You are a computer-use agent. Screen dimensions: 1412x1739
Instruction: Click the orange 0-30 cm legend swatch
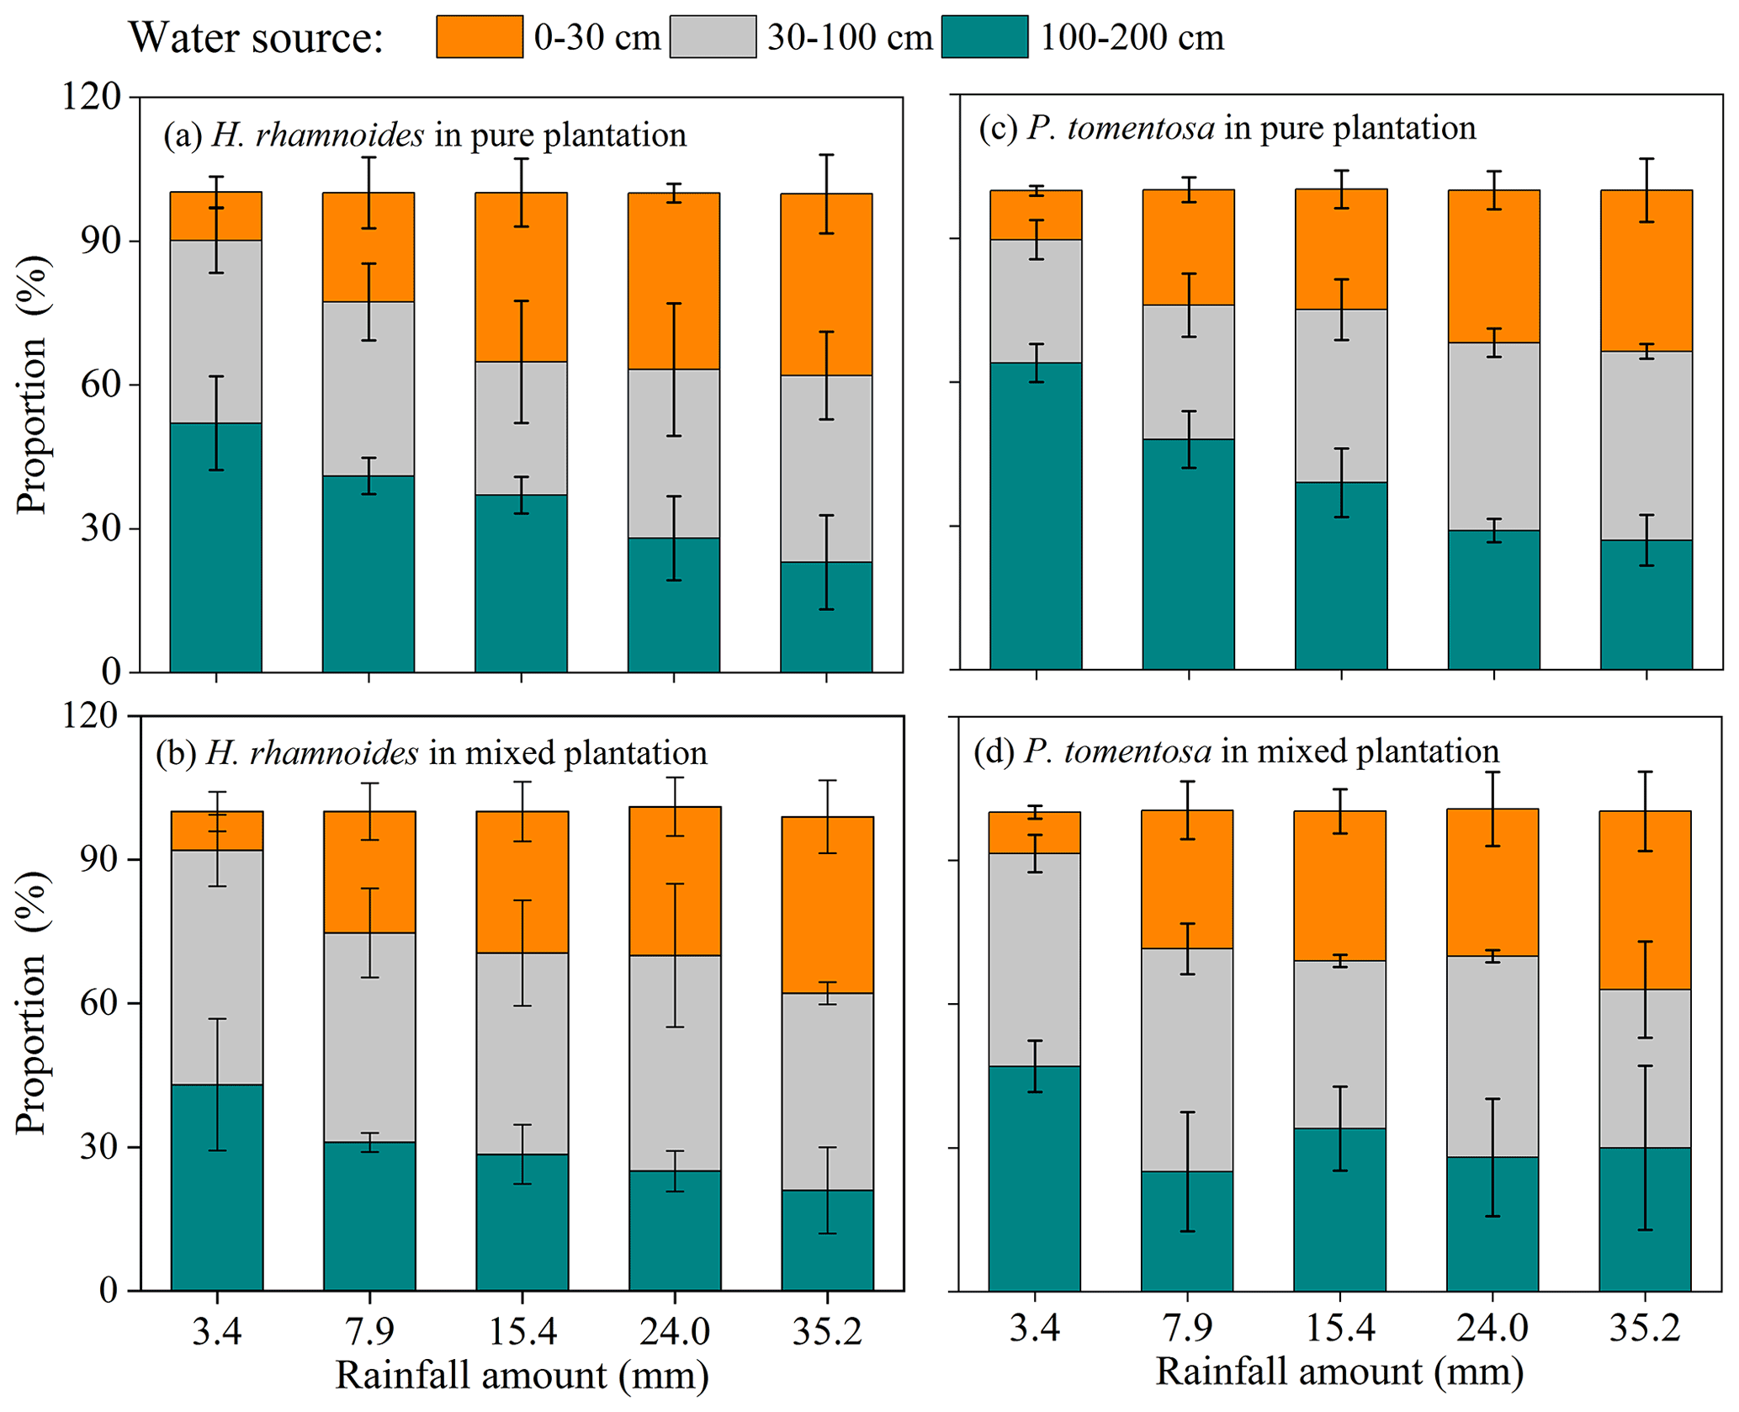[479, 37]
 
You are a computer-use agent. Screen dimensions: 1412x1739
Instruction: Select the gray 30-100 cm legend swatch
[713, 37]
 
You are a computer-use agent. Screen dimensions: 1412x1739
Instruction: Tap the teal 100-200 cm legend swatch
[984, 37]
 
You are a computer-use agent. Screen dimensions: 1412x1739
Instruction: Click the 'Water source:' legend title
[256, 38]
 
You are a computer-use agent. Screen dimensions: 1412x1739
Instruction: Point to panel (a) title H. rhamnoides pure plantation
[425, 135]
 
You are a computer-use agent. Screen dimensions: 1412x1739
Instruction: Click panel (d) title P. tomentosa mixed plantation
[1236, 751]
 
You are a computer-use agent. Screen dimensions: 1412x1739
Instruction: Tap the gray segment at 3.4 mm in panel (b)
[217, 967]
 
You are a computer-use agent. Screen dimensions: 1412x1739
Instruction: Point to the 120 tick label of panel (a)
[91, 97]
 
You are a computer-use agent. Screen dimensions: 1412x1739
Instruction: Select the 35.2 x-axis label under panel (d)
[1645, 1328]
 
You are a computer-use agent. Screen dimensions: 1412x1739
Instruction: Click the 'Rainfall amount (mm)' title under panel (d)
[1339, 1371]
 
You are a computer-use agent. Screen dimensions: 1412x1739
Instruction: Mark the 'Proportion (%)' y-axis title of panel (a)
[34, 385]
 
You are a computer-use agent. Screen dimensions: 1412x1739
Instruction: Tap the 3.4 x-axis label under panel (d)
[1035, 1328]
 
